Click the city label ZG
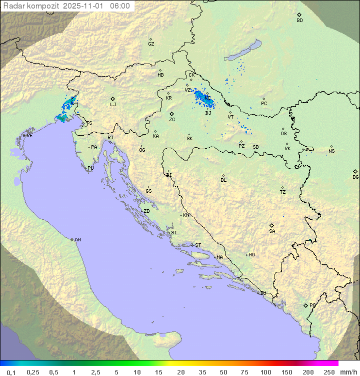coord(172,120)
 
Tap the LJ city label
coord(113,105)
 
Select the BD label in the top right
coord(299,21)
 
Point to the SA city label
coord(272,231)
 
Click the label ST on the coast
coord(198,245)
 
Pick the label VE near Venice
coord(29,136)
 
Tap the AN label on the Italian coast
coord(77,240)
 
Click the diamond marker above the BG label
coord(355,171)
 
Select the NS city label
coord(331,151)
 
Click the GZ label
coord(151,44)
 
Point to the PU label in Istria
coord(90,168)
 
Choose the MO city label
coord(251,255)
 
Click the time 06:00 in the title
coord(120,6)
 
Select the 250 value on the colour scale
coord(329,372)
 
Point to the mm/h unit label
coord(348,372)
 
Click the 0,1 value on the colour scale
coord(11,372)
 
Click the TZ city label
coord(283,192)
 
